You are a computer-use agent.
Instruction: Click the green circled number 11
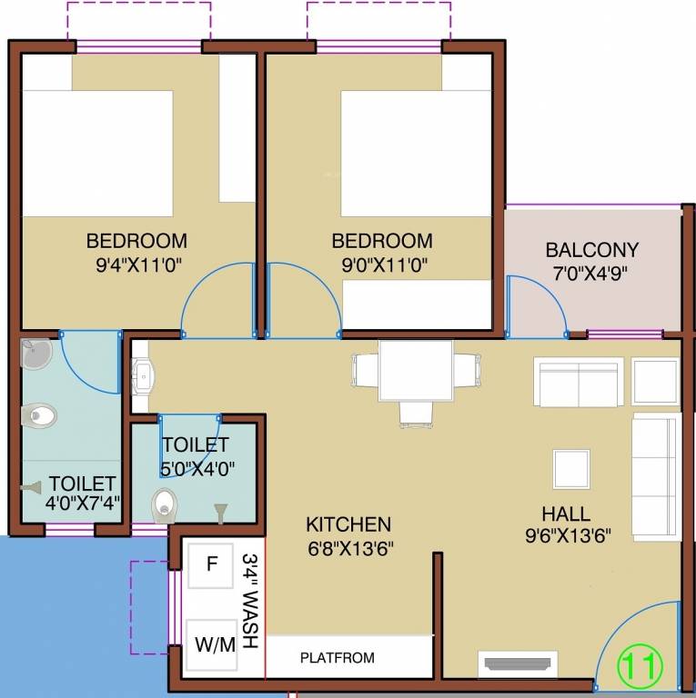click(641, 666)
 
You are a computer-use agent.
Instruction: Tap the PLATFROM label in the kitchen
click(337, 658)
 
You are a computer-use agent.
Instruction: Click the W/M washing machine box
click(215, 644)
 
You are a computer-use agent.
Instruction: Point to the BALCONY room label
click(591, 250)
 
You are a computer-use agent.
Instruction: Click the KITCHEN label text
click(348, 524)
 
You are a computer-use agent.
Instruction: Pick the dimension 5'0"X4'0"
click(198, 470)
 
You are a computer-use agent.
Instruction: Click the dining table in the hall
click(416, 370)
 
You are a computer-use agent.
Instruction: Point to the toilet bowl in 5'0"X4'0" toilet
click(164, 504)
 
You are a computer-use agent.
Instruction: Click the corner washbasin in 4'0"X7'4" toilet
click(35, 354)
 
